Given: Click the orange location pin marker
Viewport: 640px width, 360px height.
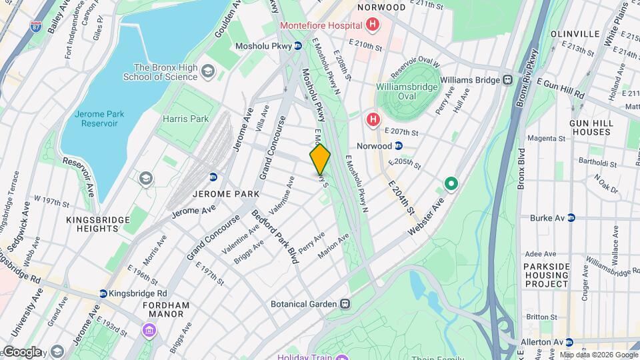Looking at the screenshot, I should point(320,159).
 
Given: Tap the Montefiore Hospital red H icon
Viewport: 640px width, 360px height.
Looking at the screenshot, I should point(372,26).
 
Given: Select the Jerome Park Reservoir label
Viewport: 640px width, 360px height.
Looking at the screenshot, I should point(97,119).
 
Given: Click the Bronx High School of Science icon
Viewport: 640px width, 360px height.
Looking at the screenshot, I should point(208,71).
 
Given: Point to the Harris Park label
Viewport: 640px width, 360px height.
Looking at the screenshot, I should point(186,119).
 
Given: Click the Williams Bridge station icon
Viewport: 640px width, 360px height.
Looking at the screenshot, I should point(508,80).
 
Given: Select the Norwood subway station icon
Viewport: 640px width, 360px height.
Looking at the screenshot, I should point(399,145).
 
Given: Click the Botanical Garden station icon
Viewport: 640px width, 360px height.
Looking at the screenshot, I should point(345,304).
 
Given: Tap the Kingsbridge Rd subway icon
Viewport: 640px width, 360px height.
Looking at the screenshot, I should point(103,293).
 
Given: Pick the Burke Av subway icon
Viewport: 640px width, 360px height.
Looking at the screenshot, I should point(570,218).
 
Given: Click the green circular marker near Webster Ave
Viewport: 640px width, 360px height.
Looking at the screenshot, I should point(451,183).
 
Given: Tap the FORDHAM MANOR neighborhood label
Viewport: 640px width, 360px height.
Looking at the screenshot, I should point(167,309).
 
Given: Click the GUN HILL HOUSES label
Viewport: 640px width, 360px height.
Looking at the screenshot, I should point(590,127).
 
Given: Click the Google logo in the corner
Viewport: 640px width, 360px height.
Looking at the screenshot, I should point(22,352).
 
